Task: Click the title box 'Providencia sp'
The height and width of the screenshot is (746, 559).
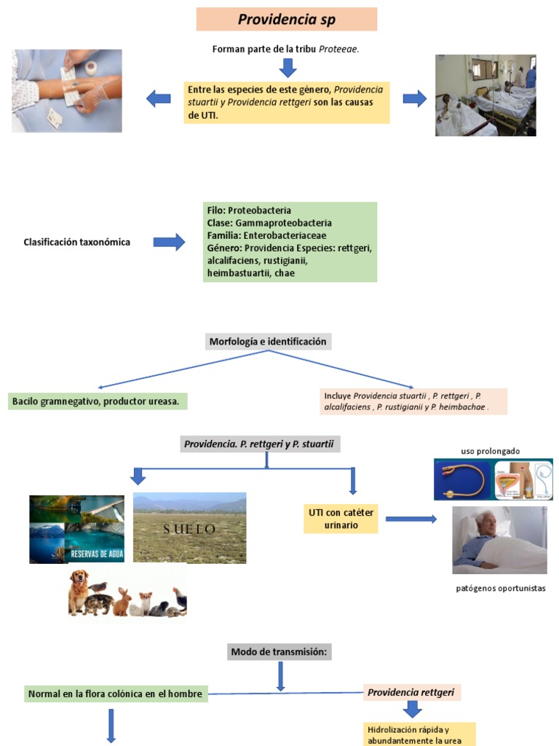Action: point(287,19)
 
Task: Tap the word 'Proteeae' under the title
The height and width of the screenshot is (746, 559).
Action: point(338,49)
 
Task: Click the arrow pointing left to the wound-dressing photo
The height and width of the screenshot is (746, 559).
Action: point(158,98)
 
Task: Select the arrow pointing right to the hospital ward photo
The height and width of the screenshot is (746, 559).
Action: point(414,98)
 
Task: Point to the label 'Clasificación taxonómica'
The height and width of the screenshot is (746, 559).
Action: point(77,242)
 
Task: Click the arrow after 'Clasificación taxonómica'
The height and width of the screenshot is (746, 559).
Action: point(169,242)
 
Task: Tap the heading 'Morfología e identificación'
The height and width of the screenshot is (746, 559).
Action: point(268,342)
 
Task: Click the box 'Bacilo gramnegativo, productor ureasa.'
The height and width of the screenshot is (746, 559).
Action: point(98,401)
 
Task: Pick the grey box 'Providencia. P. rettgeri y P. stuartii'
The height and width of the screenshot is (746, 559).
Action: point(260,444)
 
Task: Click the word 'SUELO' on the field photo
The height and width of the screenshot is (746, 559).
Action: point(189,529)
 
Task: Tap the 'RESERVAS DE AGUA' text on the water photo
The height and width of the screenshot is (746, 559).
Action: point(97,554)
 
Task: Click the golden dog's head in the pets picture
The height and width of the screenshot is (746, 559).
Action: point(79,579)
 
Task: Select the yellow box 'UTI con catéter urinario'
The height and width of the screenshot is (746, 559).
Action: point(341,519)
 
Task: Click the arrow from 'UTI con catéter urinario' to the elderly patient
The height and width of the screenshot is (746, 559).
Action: point(411,519)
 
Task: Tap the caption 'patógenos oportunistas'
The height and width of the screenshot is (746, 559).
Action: point(501,589)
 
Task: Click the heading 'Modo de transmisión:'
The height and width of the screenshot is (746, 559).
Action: point(279,652)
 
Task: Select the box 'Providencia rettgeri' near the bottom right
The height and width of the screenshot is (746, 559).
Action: point(411,692)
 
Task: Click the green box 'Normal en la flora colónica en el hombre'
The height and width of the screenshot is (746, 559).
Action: point(116,694)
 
